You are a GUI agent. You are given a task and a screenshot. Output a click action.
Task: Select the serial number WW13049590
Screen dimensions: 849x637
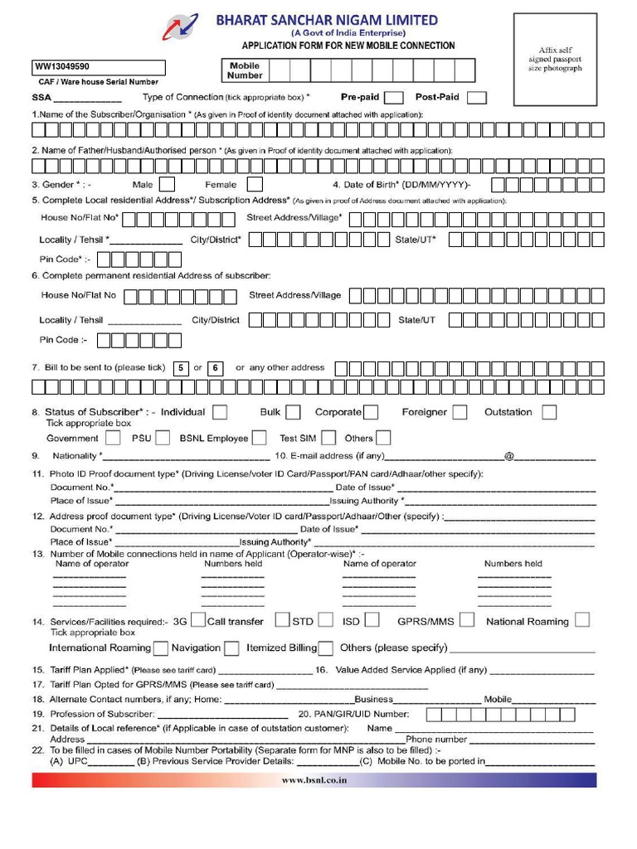(x=63, y=66)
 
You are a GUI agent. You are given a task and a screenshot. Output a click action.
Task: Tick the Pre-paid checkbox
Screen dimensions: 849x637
(x=395, y=98)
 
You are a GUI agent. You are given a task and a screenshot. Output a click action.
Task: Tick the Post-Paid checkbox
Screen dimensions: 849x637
(x=477, y=98)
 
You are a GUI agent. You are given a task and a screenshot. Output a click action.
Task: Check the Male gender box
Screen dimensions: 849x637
(x=167, y=184)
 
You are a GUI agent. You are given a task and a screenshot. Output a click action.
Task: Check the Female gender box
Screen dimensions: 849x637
(x=255, y=184)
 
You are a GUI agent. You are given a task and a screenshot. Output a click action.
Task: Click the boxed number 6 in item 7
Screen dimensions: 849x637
(x=215, y=368)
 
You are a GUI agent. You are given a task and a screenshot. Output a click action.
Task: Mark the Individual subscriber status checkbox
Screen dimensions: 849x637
(x=220, y=412)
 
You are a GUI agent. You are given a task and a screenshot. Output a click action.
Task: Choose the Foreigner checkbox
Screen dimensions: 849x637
(x=459, y=412)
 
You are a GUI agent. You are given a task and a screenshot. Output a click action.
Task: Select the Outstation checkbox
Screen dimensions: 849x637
(x=549, y=412)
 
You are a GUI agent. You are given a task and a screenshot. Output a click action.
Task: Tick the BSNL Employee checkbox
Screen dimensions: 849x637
(x=260, y=438)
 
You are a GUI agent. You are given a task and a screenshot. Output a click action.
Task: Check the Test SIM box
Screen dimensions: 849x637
(x=328, y=438)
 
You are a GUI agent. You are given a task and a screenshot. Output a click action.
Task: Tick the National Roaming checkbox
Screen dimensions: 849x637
(x=582, y=620)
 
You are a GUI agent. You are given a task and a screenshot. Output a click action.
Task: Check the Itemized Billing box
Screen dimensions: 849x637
(x=326, y=648)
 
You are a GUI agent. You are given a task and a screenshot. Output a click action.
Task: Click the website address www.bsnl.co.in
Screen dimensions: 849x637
(x=314, y=780)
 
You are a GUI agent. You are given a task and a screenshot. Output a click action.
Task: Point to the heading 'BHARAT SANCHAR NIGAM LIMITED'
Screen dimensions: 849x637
(x=327, y=20)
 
